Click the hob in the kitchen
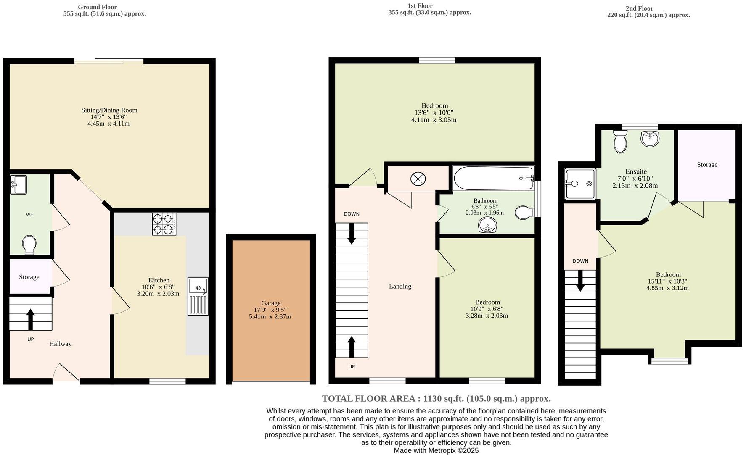pyautogui.click(x=164, y=224)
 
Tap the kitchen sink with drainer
pyautogui.click(x=198, y=296)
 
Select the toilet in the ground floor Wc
pyautogui.click(x=29, y=245)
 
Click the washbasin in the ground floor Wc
pyautogui.click(x=19, y=184)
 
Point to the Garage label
pyautogui.click(x=270, y=303)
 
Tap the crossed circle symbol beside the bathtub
pyautogui.click(x=418, y=179)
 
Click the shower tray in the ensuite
pyautogui.click(x=580, y=184)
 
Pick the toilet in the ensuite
pyautogui.click(x=620, y=141)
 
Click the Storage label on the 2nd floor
pyautogui.click(x=707, y=165)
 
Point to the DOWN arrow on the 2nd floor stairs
pyautogui.click(x=580, y=281)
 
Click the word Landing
pyautogui.click(x=400, y=286)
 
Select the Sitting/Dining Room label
pyautogui.click(x=109, y=110)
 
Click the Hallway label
pyautogui.click(x=60, y=344)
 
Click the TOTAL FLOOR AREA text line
pyautogui.click(x=436, y=398)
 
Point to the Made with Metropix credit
pyautogui.click(x=436, y=450)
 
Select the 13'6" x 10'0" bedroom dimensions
pyautogui.click(x=434, y=113)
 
